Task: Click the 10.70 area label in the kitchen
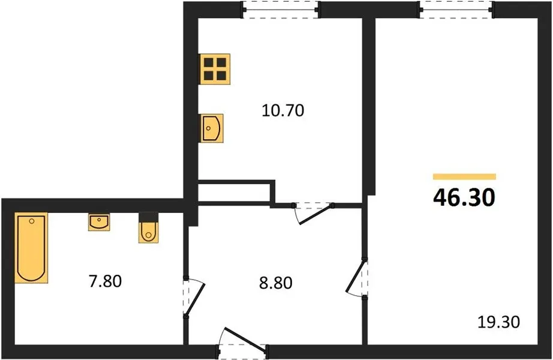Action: (x=283, y=110)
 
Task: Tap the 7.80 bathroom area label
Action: (x=106, y=281)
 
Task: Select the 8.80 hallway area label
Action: (x=276, y=283)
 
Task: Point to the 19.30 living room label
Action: (x=498, y=322)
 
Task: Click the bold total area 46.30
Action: (x=464, y=197)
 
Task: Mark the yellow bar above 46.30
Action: (x=464, y=177)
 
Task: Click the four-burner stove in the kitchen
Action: (x=215, y=69)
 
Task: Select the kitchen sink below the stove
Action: (x=212, y=128)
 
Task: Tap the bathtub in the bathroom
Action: (x=31, y=248)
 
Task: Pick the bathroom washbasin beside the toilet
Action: (x=99, y=222)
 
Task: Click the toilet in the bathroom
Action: (x=149, y=227)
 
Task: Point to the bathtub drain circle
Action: (x=32, y=221)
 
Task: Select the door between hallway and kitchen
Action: (x=314, y=213)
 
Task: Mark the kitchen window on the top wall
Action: (x=281, y=10)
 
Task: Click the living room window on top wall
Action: (x=456, y=10)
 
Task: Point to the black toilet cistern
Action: (x=149, y=217)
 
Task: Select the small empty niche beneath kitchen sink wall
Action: (x=234, y=193)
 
